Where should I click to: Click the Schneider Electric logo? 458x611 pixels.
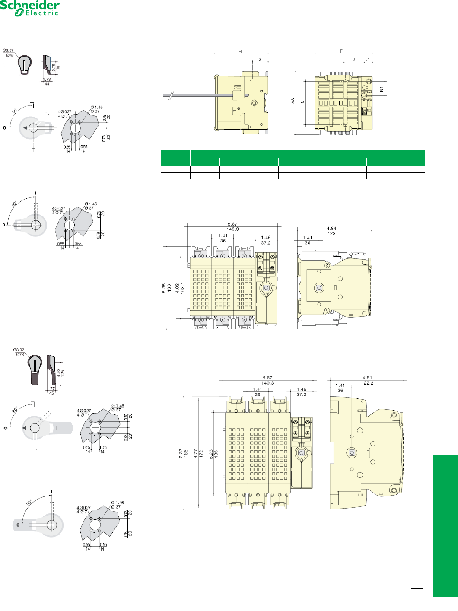click(29, 8)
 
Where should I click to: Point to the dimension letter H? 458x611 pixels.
click(240, 52)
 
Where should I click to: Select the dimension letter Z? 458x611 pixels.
click(260, 60)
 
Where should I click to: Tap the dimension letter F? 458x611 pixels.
click(341, 51)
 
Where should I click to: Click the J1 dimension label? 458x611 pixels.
click(368, 60)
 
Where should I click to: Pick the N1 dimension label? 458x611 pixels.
click(382, 89)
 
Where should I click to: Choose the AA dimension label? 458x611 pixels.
click(293, 100)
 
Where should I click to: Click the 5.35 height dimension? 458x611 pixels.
click(164, 287)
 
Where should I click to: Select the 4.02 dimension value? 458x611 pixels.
click(177, 288)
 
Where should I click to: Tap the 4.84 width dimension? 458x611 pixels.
click(331, 228)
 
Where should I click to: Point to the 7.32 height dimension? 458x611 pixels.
click(181, 453)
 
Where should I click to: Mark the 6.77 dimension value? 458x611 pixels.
click(196, 453)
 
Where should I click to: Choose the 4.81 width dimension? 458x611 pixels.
click(367, 378)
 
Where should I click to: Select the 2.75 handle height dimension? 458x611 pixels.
click(54, 67)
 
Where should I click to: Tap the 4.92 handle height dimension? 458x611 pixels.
click(59, 372)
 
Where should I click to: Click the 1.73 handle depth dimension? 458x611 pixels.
click(47, 80)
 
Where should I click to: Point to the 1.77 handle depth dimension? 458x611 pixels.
click(51, 389)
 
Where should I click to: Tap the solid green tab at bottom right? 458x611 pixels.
click(445, 525)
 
